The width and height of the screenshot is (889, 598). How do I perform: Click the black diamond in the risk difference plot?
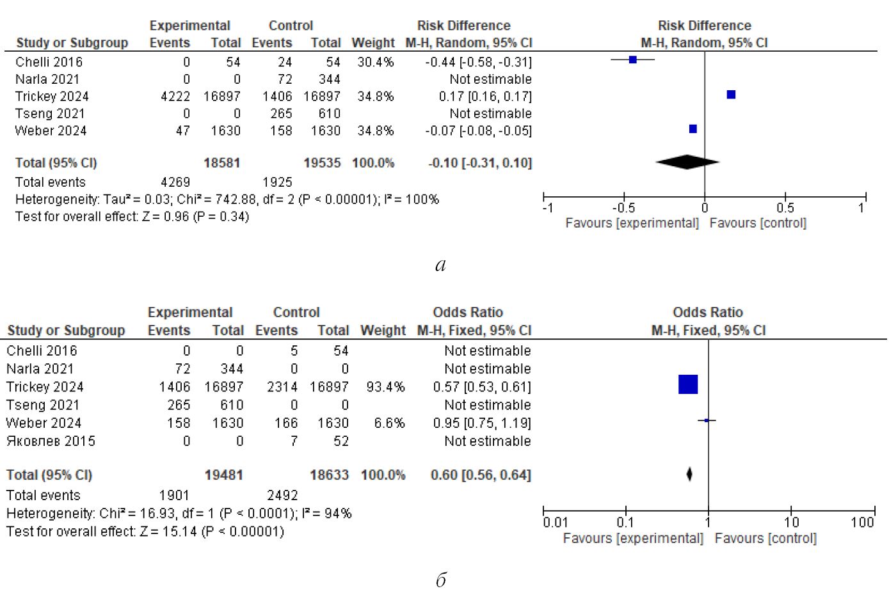[x=687, y=162]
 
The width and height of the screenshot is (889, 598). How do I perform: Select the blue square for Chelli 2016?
[x=633, y=59]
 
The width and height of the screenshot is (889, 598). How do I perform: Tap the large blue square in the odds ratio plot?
[x=688, y=384]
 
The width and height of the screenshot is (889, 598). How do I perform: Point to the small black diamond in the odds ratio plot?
[x=689, y=475]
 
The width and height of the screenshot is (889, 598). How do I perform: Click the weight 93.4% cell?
[x=385, y=387]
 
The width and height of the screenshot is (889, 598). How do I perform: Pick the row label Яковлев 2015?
[x=51, y=441]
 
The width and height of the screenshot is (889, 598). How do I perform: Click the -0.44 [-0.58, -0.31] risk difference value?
[x=478, y=62]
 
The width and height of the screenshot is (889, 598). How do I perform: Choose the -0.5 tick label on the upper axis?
[x=623, y=208]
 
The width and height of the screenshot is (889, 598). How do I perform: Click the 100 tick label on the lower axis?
[x=862, y=522]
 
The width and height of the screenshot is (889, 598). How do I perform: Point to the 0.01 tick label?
[x=555, y=522]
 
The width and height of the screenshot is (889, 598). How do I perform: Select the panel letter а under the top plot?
[x=440, y=265]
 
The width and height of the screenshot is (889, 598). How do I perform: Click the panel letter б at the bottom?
[x=441, y=579]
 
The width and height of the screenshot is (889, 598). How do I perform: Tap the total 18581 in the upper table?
[x=221, y=163]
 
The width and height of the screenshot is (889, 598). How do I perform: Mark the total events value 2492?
[x=282, y=495]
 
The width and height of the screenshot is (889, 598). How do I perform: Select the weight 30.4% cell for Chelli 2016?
[x=375, y=62]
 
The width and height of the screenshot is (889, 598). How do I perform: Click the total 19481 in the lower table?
[x=223, y=475]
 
